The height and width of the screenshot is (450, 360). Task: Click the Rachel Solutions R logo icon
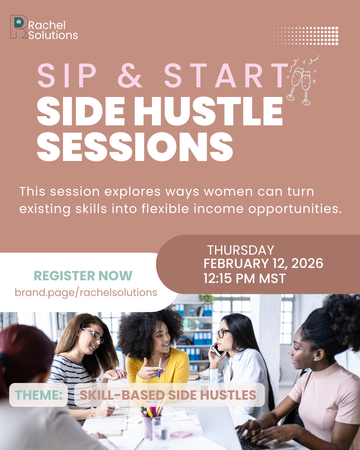click(19, 27)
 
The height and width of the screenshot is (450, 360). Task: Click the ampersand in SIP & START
click(130, 75)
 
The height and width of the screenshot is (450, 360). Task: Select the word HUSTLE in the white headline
click(208, 111)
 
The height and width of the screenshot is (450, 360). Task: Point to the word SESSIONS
click(135, 147)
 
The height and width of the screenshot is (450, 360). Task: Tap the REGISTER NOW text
click(83, 276)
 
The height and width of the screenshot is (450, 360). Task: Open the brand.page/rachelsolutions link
click(86, 293)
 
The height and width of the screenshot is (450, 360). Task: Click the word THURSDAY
click(241, 250)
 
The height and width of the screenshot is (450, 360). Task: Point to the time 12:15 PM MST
click(245, 278)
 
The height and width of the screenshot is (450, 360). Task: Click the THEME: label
click(38, 395)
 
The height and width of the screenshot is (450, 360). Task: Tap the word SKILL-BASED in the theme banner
click(122, 395)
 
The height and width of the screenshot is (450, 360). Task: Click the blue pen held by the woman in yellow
click(160, 369)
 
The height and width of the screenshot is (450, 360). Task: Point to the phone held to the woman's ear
click(218, 350)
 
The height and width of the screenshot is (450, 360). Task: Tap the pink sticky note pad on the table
click(181, 435)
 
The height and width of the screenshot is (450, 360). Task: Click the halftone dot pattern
click(302, 36)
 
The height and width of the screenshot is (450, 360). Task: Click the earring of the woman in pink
click(315, 360)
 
